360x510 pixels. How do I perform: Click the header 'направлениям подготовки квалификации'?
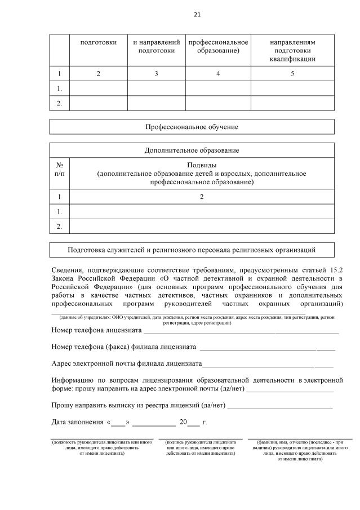click(x=292, y=50)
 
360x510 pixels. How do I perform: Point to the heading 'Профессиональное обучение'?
click(x=192, y=127)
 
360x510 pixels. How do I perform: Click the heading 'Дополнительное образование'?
click(x=192, y=150)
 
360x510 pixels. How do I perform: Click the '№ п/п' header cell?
click(x=60, y=170)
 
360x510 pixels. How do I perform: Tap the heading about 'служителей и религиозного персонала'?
click(x=192, y=250)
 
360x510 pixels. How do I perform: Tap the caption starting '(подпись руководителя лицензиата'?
click(x=201, y=447)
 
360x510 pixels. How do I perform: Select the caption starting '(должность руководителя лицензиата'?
click(x=102, y=447)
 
